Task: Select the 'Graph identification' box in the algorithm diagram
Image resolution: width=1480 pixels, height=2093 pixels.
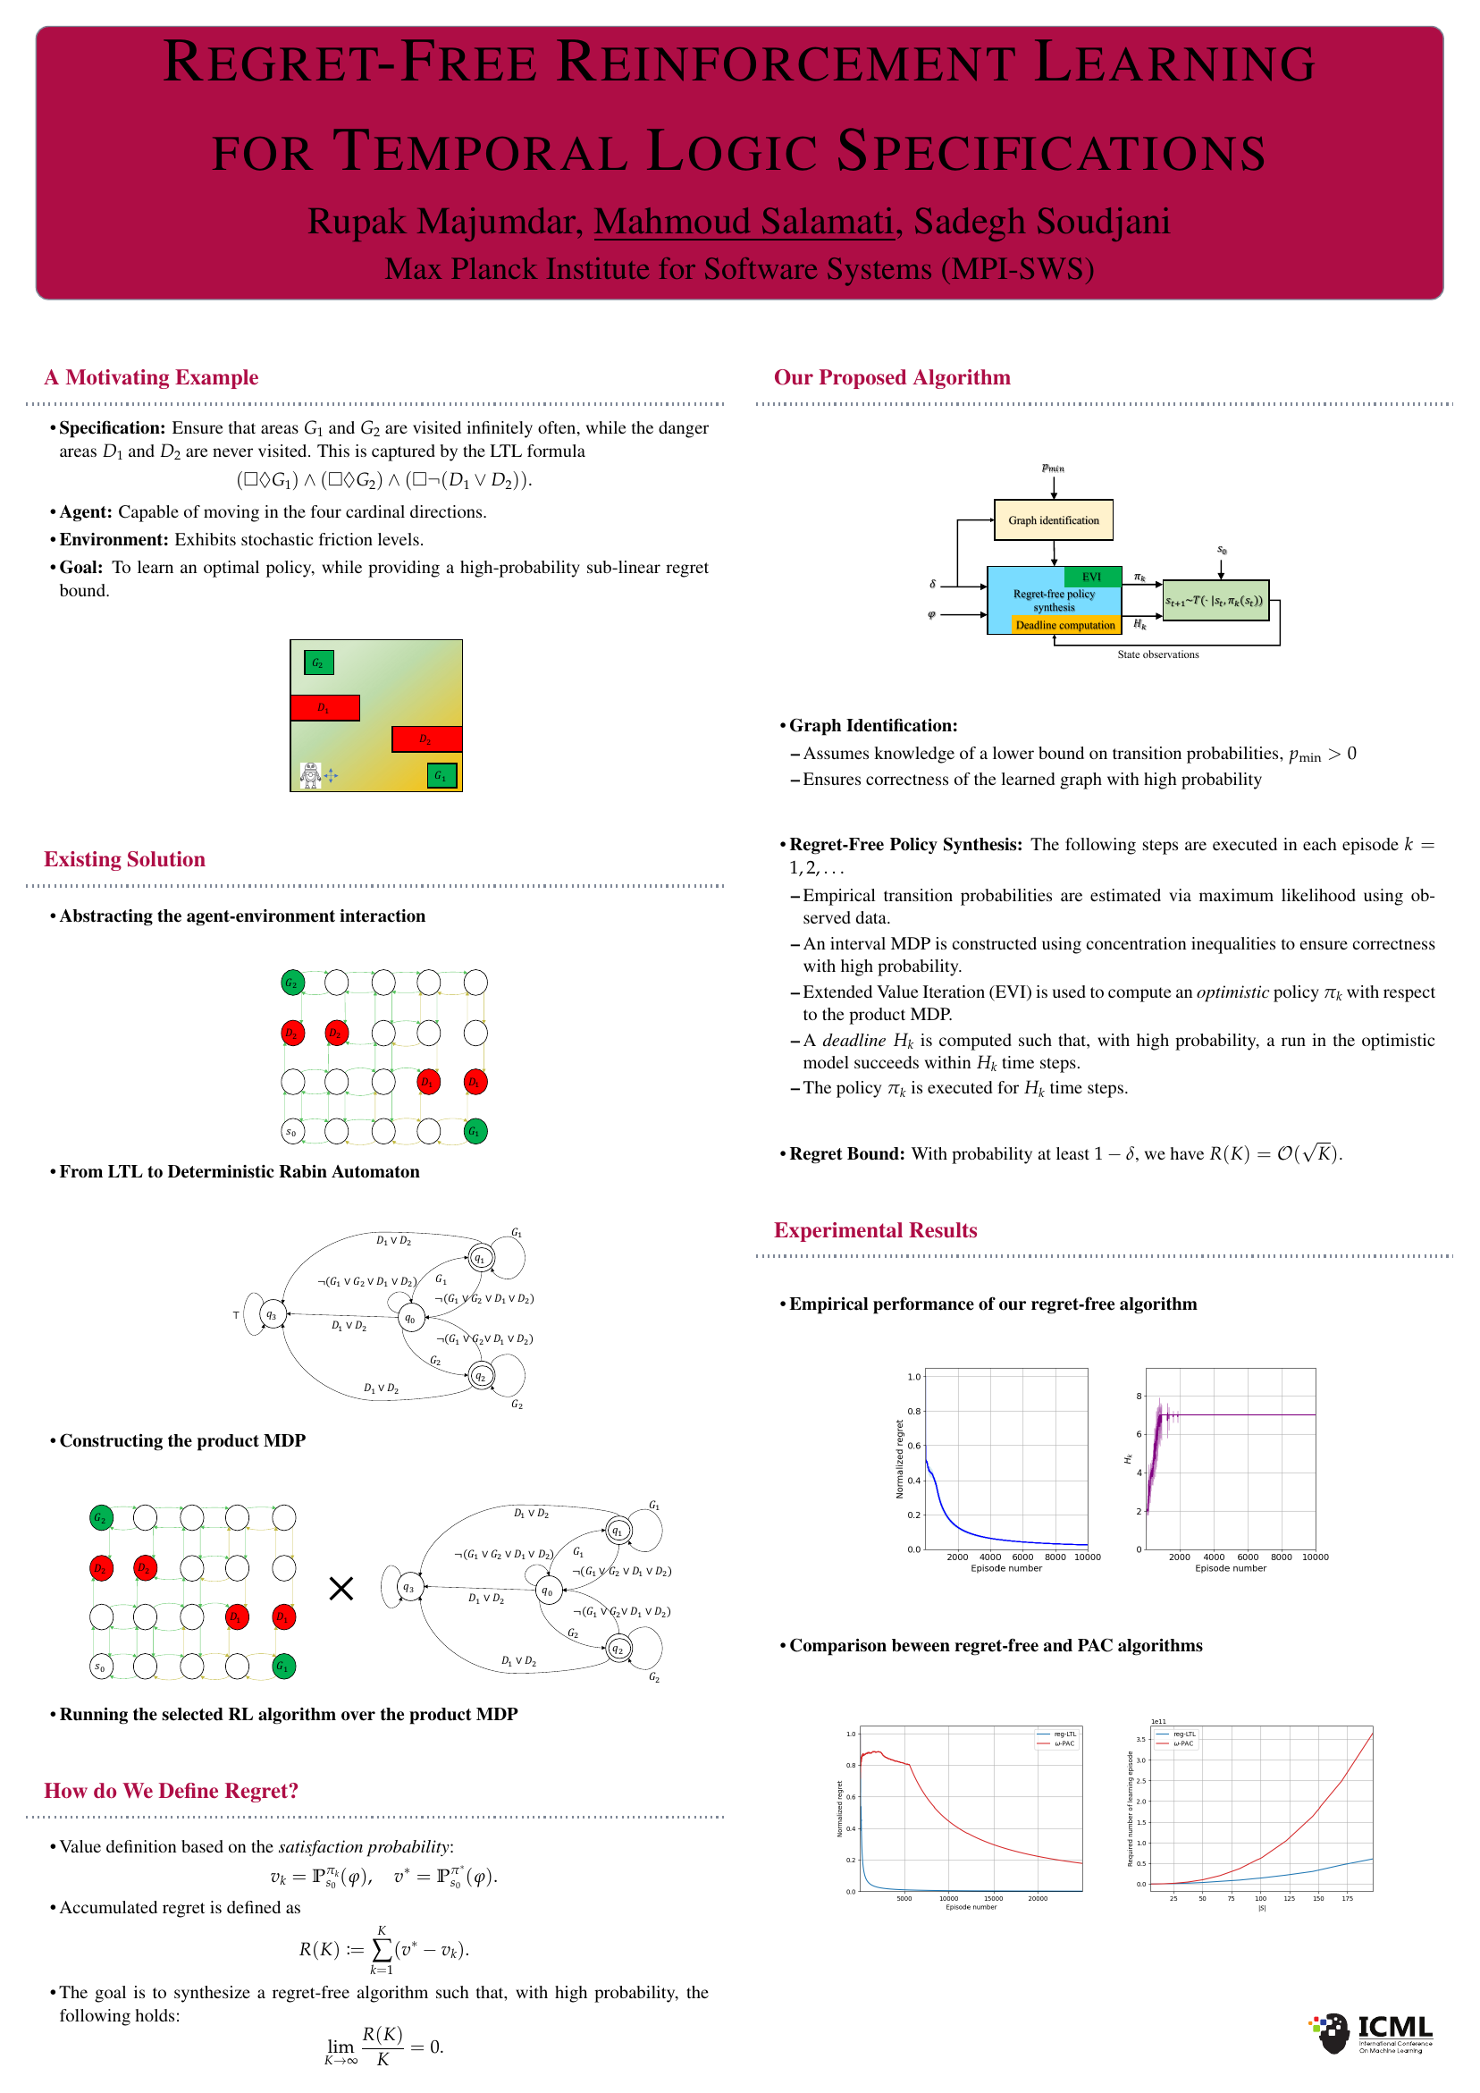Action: [1053, 520]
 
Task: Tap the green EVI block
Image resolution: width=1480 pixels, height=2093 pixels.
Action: [1092, 577]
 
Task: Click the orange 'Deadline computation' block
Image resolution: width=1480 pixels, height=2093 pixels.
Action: [1064, 625]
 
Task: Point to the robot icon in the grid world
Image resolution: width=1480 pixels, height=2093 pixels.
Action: [311, 775]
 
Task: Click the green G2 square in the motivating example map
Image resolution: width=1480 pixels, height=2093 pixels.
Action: [318, 663]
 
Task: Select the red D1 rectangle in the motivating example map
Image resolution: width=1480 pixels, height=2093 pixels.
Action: [324, 708]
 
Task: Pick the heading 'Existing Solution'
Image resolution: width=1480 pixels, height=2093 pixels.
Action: [125, 858]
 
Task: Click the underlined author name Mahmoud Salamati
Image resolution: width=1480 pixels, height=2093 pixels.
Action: [743, 222]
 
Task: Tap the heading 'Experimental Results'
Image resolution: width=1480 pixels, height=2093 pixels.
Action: [875, 1229]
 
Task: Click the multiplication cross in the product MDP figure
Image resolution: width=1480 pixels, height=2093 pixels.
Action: [341, 1589]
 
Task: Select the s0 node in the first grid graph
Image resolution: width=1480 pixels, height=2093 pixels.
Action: [291, 1131]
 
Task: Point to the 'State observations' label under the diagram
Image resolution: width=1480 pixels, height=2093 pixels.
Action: [1157, 654]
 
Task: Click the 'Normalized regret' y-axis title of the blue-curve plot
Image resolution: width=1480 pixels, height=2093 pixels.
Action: [899, 1458]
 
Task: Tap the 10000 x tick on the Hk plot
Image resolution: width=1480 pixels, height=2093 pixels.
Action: [1314, 1557]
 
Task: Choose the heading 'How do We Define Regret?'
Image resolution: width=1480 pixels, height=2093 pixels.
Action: [172, 1790]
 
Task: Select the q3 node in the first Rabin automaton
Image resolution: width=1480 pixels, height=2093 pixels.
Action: [272, 1314]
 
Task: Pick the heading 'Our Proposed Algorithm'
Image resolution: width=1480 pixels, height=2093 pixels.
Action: [891, 377]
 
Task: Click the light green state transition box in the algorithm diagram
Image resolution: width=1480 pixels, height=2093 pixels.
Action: [1215, 601]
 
